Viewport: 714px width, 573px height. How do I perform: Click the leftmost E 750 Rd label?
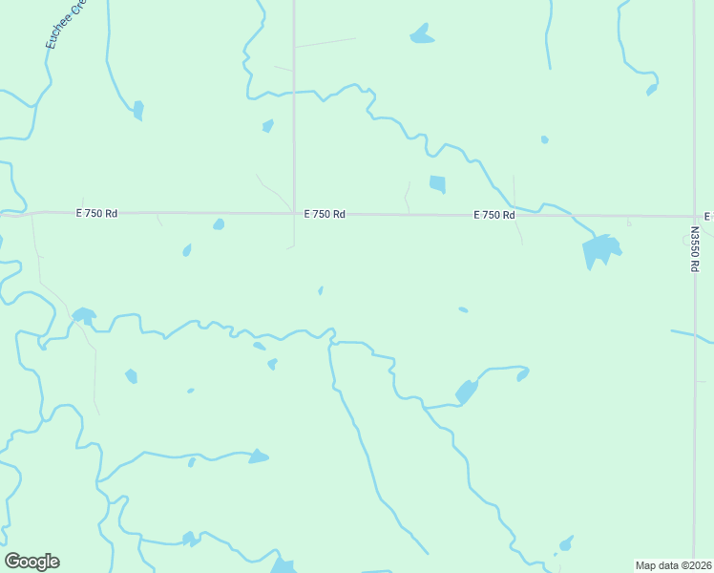96,214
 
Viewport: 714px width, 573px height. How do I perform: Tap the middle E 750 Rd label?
325,215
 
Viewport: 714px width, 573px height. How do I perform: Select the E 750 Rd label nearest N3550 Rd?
494,216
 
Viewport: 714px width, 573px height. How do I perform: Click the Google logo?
31,562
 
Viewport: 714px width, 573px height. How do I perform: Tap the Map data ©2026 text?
673,564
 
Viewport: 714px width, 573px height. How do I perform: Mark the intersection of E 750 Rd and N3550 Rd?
695,217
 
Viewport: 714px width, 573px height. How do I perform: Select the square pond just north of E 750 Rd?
437,183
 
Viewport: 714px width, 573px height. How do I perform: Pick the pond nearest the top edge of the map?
421,35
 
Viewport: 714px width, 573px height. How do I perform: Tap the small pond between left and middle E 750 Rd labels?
219,224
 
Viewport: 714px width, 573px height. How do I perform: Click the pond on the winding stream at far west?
84,314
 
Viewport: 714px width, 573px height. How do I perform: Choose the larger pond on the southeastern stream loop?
466,392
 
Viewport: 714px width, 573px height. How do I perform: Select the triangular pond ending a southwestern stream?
258,457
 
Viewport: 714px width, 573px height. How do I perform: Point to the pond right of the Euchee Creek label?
138,110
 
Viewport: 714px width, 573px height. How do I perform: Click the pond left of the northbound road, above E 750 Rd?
268,126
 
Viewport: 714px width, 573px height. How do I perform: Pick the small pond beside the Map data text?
566,544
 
